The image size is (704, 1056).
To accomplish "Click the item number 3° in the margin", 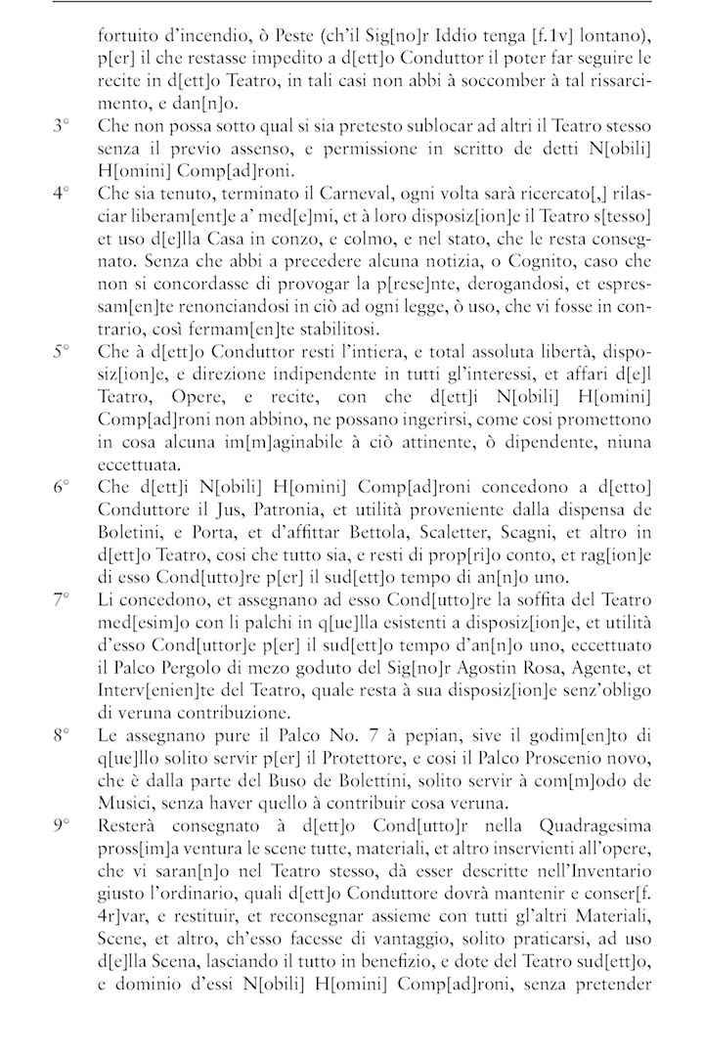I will click(x=61, y=127).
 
